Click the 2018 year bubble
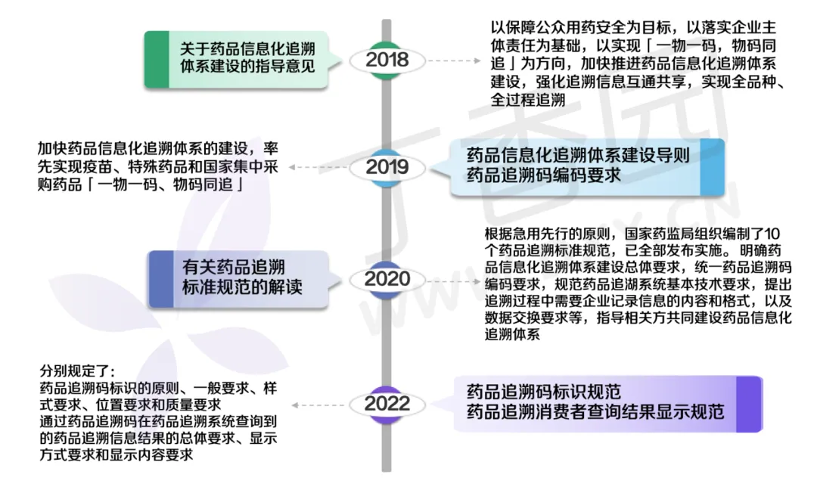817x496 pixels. click(x=387, y=60)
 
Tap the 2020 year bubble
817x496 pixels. click(x=387, y=279)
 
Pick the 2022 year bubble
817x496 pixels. click(x=387, y=404)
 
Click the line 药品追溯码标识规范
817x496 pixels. click(x=543, y=392)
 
